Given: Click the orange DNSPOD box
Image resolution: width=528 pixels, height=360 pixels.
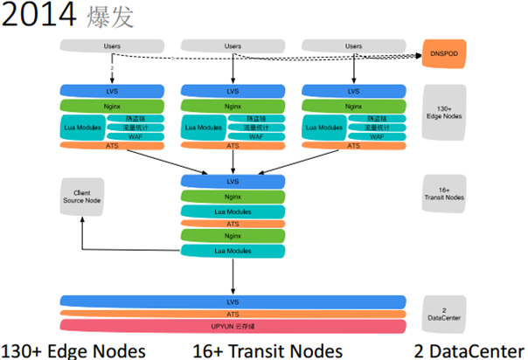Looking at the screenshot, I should tap(444, 53).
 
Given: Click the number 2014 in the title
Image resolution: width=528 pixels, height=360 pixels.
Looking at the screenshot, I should tap(40, 15).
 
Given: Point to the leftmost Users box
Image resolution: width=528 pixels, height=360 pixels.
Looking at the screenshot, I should tap(112, 45).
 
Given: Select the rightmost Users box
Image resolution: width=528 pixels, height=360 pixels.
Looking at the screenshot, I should tap(354, 45).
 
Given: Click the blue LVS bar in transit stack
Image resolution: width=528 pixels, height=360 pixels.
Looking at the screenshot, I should tap(233, 182).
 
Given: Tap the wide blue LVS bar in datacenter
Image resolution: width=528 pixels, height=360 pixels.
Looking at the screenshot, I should tap(233, 301).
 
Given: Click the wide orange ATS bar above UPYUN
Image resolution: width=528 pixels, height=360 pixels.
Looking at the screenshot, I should tap(233, 314).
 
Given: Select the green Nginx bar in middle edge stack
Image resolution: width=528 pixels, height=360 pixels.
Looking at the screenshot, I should tap(233, 106).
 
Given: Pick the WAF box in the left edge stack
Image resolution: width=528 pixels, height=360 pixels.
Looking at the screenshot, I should tap(135, 136).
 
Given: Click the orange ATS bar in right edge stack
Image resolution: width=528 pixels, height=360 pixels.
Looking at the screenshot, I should tap(354, 146).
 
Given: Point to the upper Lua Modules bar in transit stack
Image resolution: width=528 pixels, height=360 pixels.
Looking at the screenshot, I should tap(233, 211).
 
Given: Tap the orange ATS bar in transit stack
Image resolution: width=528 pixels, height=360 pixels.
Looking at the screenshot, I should tap(233, 224).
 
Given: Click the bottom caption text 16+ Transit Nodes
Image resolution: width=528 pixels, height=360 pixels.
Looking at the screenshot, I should tap(267, 350).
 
